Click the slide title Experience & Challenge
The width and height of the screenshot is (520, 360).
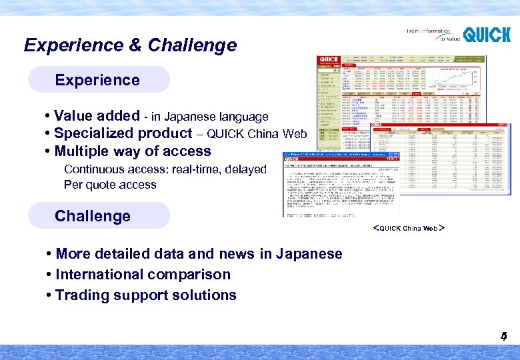coord(130,45)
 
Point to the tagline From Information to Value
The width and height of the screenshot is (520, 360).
coord(429,35)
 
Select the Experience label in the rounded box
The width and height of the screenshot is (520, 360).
coord(97,80)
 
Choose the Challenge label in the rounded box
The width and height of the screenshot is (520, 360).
coord(93,216)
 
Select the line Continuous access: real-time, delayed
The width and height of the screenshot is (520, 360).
coord(165,169)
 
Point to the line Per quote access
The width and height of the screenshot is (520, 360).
coord(110,185)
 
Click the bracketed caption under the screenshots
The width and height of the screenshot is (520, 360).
coord(408,228)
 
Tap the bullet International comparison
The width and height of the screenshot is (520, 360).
coord(143,274)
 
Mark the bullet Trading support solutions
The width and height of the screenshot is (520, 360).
coord(145,295)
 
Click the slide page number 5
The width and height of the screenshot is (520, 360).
coord(504,337)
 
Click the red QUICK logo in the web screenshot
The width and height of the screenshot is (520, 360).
coord(328,61)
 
